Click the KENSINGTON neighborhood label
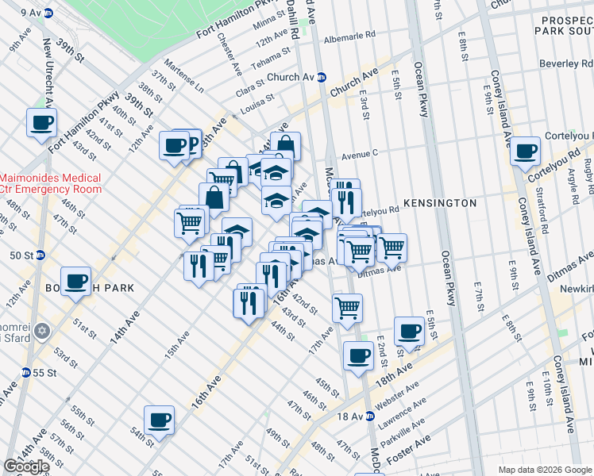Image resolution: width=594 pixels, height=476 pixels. [440, 203]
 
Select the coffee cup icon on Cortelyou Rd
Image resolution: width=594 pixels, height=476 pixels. [525, 152]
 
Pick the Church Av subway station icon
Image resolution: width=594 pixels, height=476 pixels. [322, 78]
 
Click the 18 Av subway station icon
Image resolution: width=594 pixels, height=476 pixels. [369, 416]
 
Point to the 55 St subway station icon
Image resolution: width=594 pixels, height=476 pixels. [26, 372]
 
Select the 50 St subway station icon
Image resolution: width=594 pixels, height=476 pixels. [40, 255]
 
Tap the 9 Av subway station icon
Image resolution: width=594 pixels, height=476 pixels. [48, 13]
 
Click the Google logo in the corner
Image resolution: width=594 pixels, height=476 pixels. [26, 466]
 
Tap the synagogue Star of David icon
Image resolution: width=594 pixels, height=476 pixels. [43, 329]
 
